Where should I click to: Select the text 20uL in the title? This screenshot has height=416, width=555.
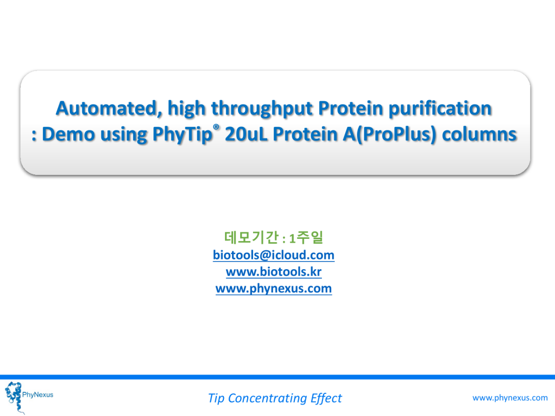pyautogui.click(x=243, y=135)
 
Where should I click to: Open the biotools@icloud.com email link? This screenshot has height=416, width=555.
pyautogui.click(x=274, y=255)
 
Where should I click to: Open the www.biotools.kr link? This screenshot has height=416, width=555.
pyautogui.click(x=274, y=271)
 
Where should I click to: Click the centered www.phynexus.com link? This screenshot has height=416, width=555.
pyautogui.click(x=274, y=288)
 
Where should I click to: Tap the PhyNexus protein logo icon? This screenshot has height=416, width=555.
pyautogui.click(x=13, y=395)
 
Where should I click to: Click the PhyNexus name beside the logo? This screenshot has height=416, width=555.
pyautogui.click(x=37, y=394)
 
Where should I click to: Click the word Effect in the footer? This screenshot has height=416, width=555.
pyautogui.click(x=326, y=399)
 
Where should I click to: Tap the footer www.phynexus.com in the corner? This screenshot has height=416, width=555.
pyautogui.click(x=510, y=398)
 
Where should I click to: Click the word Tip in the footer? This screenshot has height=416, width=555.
pyautogui.click(x=216, y=399)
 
